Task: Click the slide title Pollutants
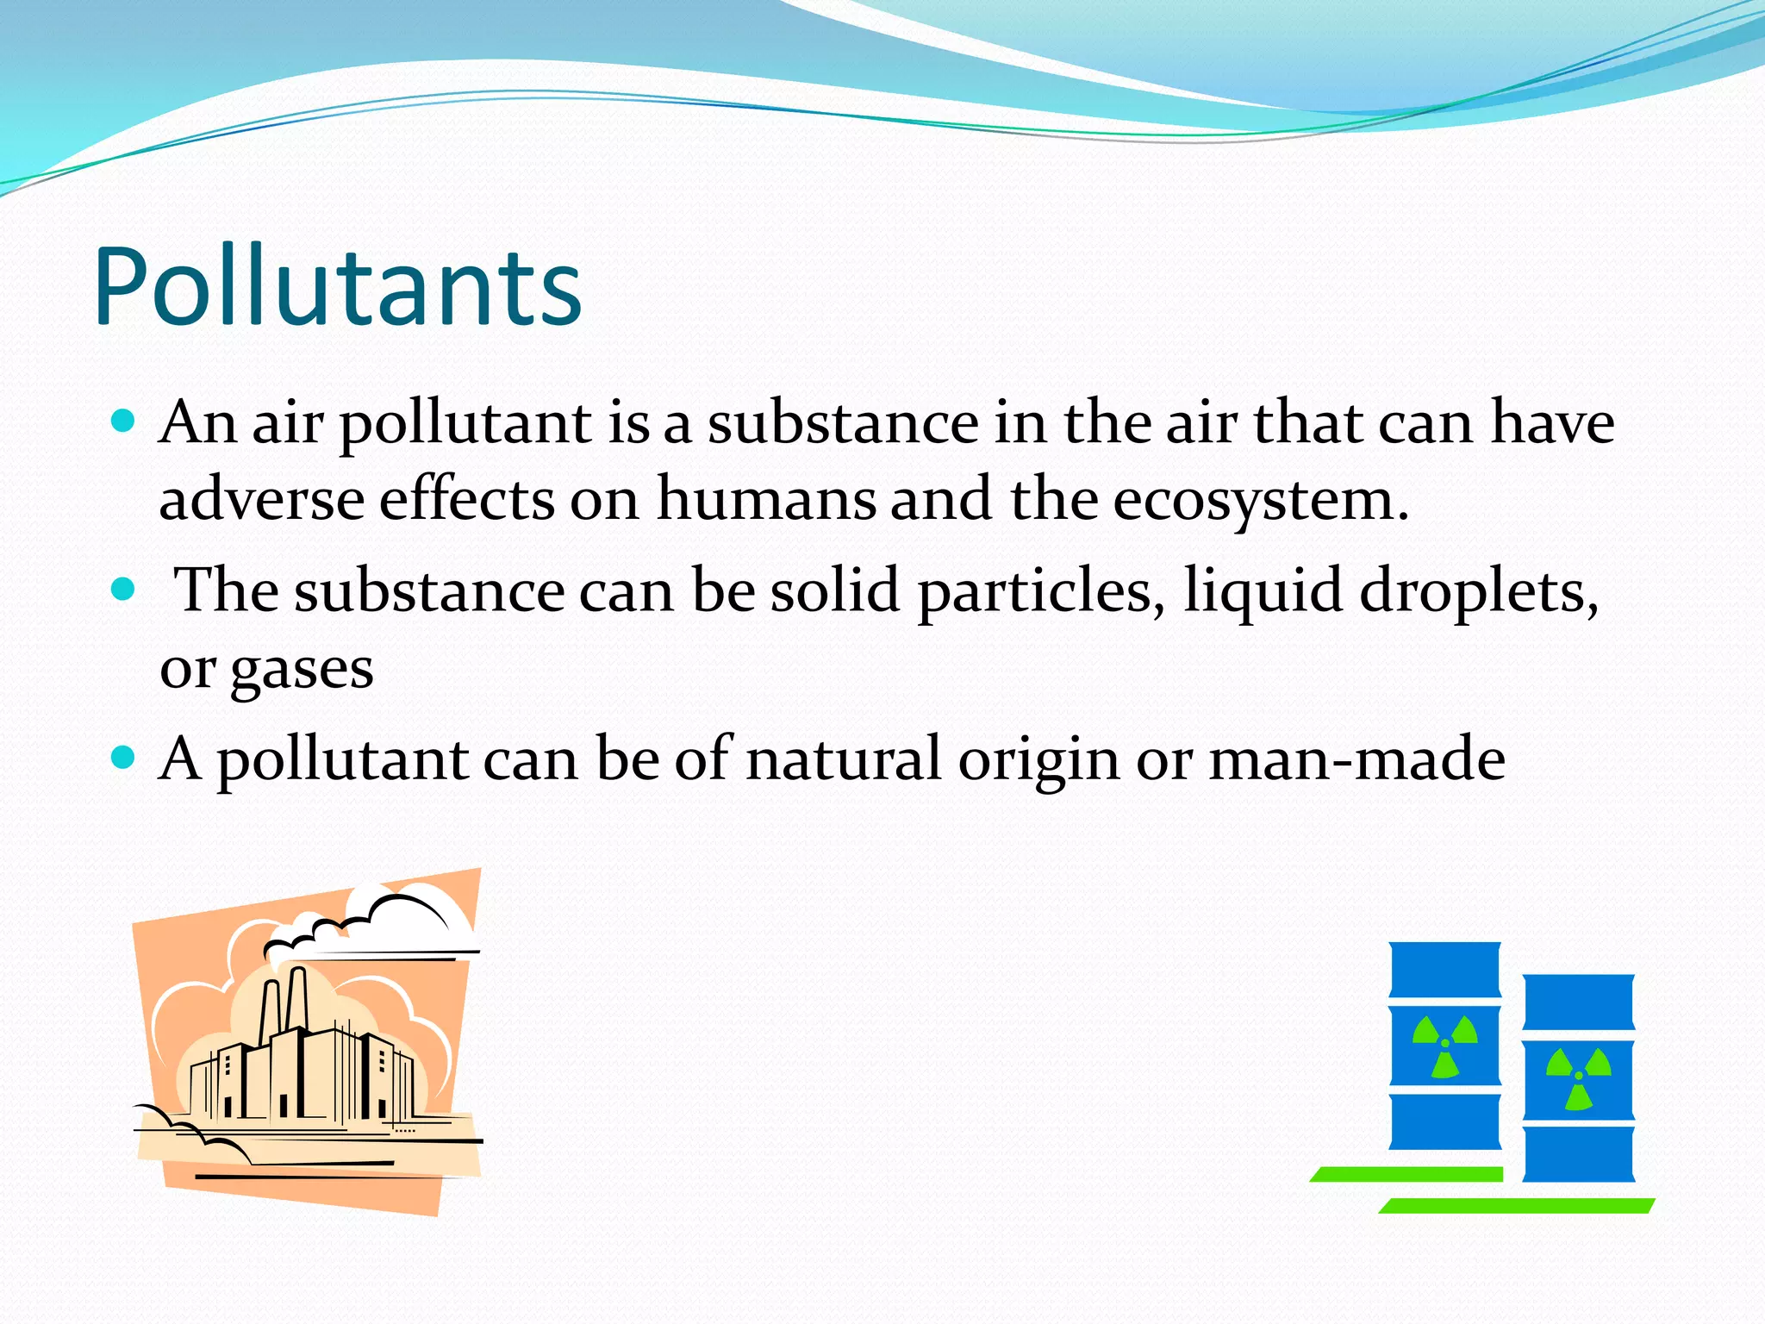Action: click(x=338, y=287)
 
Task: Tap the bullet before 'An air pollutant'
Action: click(x=124, y=421)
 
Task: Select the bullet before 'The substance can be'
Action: click(x=124, y=590)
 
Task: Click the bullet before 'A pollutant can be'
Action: click(x=124, y=758)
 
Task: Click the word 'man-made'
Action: click(x=1356, y=759)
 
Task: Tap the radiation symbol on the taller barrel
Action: click(x=1445, y=1046)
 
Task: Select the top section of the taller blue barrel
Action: click(x=1445, y=971)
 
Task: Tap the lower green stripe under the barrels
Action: click(x=1517, y=1206)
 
